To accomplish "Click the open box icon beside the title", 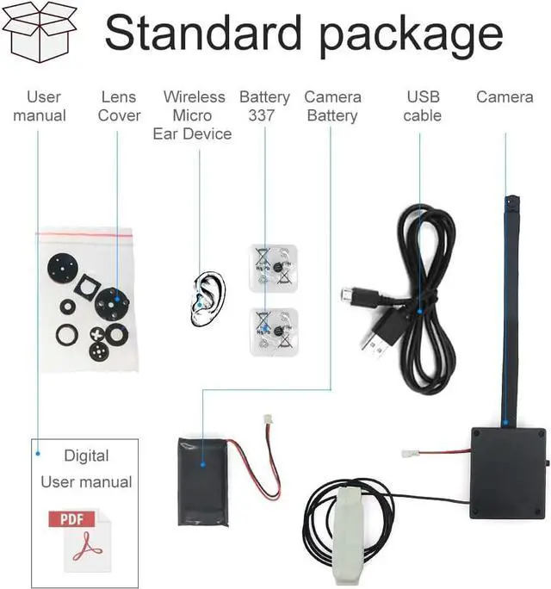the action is (39, 30).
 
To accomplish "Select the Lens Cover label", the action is (119, 106).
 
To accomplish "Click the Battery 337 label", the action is (264, 106).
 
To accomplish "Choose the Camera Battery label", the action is (332, 106).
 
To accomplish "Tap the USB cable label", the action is (422, 106).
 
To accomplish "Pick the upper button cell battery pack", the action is (273, 264).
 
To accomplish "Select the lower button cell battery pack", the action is (273, 332).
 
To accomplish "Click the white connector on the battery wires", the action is (269, 425).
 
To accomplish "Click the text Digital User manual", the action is (86, 468).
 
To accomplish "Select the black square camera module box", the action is (506, 472).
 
